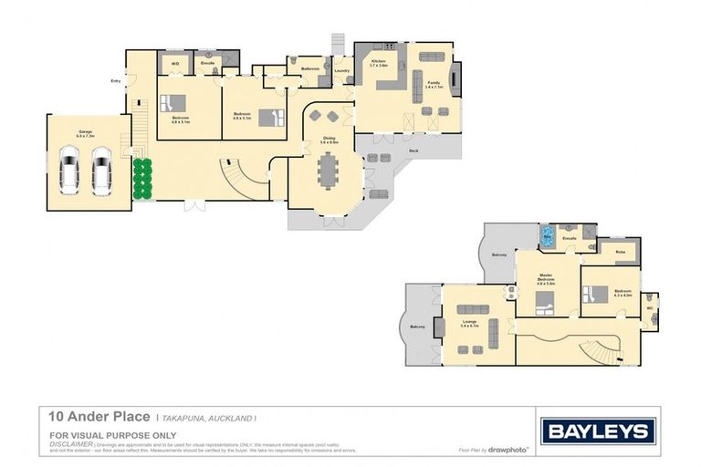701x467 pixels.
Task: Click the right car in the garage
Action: pyautogui.click(x=100, y=170)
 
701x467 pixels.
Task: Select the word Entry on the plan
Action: pyautogui.click(x=115, y=81)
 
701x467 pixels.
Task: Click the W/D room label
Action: pyautogui.click(x=175, y=64)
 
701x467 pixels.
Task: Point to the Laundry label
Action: pyautogui.click(x=342, y=70)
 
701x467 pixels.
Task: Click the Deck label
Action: pyautogui.click(x=413, y=150)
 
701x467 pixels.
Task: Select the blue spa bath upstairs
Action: pyautogui.click(x=547, y=236)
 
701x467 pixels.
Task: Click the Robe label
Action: pyautogui.click(x=620, y=251)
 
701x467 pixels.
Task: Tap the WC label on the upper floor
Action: pyautogui.click(x=649, y=307)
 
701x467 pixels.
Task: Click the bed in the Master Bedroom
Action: pyautogui.click(x=544, y=300)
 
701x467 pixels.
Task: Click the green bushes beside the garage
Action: pyautogui.click(x=141, y=178)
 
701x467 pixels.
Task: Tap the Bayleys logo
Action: pyautogui.click(x=599, y=431)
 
